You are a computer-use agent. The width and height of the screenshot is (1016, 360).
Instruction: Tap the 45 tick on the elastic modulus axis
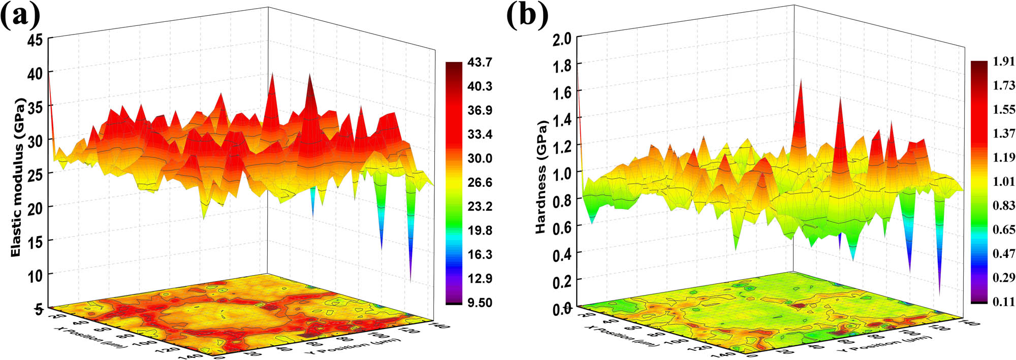click(x=36, y=40)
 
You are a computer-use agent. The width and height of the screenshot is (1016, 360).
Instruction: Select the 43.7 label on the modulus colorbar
click(x=480, y=62)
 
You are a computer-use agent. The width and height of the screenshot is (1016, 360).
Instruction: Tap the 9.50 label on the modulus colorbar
click(x=480, y=303)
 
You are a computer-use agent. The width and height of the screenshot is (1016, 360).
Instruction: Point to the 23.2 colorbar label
click(x=480, y=206)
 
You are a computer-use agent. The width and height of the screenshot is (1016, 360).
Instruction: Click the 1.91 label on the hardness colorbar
click(x=1004, y=62)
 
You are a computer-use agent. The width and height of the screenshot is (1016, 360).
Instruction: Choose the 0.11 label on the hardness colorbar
click(x=1004, y=302)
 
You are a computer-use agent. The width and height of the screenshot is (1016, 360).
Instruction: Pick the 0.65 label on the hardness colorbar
click(x=1004, y=230)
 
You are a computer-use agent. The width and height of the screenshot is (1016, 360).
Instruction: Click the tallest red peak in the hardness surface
click(x=801, y=81)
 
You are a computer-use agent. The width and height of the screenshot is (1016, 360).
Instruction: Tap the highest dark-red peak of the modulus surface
click(x=309, y=76)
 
